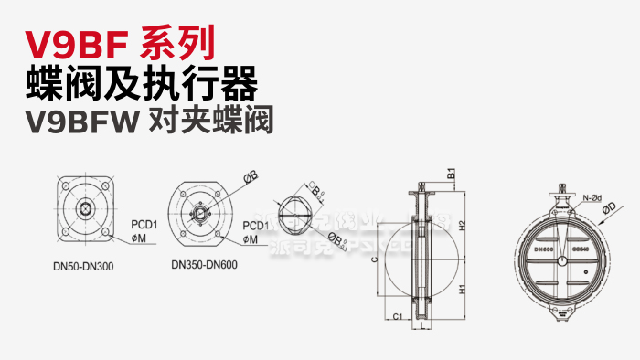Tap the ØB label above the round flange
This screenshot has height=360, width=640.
pyautogui.click(x=250, y=173)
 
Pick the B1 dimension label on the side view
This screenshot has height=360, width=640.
pyautogui.click(x=451, y=175)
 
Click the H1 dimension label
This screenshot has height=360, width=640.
pyautogui.click(x=463, y=289)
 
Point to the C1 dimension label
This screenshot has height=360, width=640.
pyautogui.click(x=396, y=315)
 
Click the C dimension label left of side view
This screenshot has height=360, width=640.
pyautogui.click(x=376, y=259)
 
